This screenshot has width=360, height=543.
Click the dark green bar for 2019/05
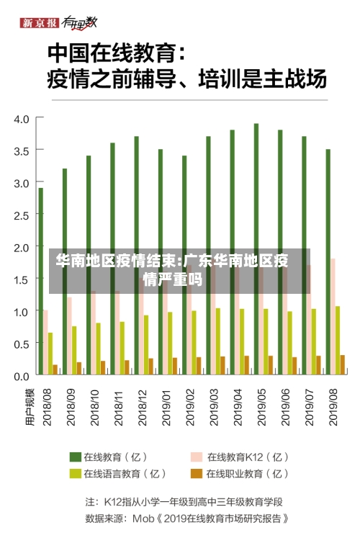point(256,249)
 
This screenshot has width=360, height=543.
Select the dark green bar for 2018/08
point(41,281)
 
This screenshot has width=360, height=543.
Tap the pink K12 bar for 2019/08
point(333,317)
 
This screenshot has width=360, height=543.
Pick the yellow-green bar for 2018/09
point(74,351)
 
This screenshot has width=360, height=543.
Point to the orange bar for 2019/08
point(343,365)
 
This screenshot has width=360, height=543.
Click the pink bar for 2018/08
point(45,343)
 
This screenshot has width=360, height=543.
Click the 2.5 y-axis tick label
point(22,216)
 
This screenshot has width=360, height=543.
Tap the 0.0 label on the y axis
point(22,377)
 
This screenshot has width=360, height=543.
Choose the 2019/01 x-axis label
point(166,408)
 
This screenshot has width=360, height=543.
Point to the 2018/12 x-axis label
point(143,408)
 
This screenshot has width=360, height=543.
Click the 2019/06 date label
point(285,408)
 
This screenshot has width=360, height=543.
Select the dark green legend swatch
point(75,457)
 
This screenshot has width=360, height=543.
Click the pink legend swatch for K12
point(197,457)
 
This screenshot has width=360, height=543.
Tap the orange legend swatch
point(197,473)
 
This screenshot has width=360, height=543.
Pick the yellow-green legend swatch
point(75,473)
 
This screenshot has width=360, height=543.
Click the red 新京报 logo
point(39,23)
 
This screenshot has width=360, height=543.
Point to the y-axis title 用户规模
point(30,408)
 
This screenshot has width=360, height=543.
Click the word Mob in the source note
point(143,519)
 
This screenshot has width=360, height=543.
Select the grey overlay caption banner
point(179,271)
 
